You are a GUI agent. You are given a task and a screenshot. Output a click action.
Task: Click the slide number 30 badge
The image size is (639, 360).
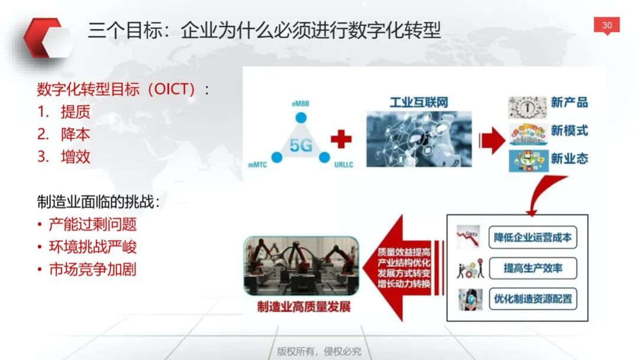pos(606,25)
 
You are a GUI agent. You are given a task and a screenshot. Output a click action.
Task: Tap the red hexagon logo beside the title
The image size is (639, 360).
pos(46,37)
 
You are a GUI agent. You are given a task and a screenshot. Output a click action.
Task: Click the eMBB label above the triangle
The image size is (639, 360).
pos(301,104)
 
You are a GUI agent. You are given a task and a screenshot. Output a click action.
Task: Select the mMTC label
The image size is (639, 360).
pos(257,165)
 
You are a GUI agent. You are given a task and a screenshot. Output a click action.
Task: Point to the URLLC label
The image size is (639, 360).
pos(344,165)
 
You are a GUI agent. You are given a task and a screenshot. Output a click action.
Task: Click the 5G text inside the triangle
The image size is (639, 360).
pos(301,145)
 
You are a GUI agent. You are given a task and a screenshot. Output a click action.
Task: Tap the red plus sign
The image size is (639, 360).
pos(341,139)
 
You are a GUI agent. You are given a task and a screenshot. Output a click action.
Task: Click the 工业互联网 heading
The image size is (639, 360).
pos(419,102)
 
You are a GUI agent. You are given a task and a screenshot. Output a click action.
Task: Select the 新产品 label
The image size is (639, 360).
pos(569,102)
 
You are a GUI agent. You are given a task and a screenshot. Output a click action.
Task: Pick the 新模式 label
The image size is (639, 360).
pos(569,130)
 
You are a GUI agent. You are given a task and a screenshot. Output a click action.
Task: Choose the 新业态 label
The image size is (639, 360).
pos(569,158)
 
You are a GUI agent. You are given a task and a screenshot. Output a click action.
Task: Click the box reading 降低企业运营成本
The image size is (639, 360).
pos(532,237)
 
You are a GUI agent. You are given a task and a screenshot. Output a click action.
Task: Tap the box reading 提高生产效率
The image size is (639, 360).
pos(532,268)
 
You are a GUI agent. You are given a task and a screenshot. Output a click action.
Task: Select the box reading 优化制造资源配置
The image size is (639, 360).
pos(532,299)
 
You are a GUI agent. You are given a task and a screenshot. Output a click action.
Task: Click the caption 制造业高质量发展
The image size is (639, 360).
pos(304,307)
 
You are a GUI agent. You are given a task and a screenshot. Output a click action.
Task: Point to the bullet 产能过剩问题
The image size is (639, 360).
pos(92,224)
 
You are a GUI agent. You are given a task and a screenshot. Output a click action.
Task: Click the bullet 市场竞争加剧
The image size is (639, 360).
pos(92,269)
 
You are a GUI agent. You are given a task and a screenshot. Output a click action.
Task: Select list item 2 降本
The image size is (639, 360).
pos(63,134)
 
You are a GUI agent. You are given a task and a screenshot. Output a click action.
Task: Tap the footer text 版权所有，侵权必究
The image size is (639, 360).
pos(319,351)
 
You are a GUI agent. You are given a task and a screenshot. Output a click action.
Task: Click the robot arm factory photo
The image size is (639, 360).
pos(301,266)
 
